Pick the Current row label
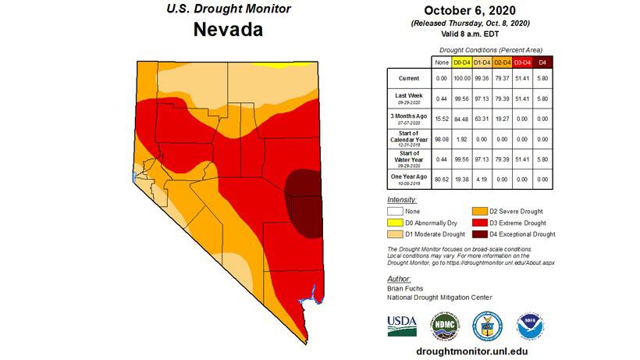coord(408,78)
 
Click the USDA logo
coord(402,324)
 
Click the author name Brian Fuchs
coord(407,288)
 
